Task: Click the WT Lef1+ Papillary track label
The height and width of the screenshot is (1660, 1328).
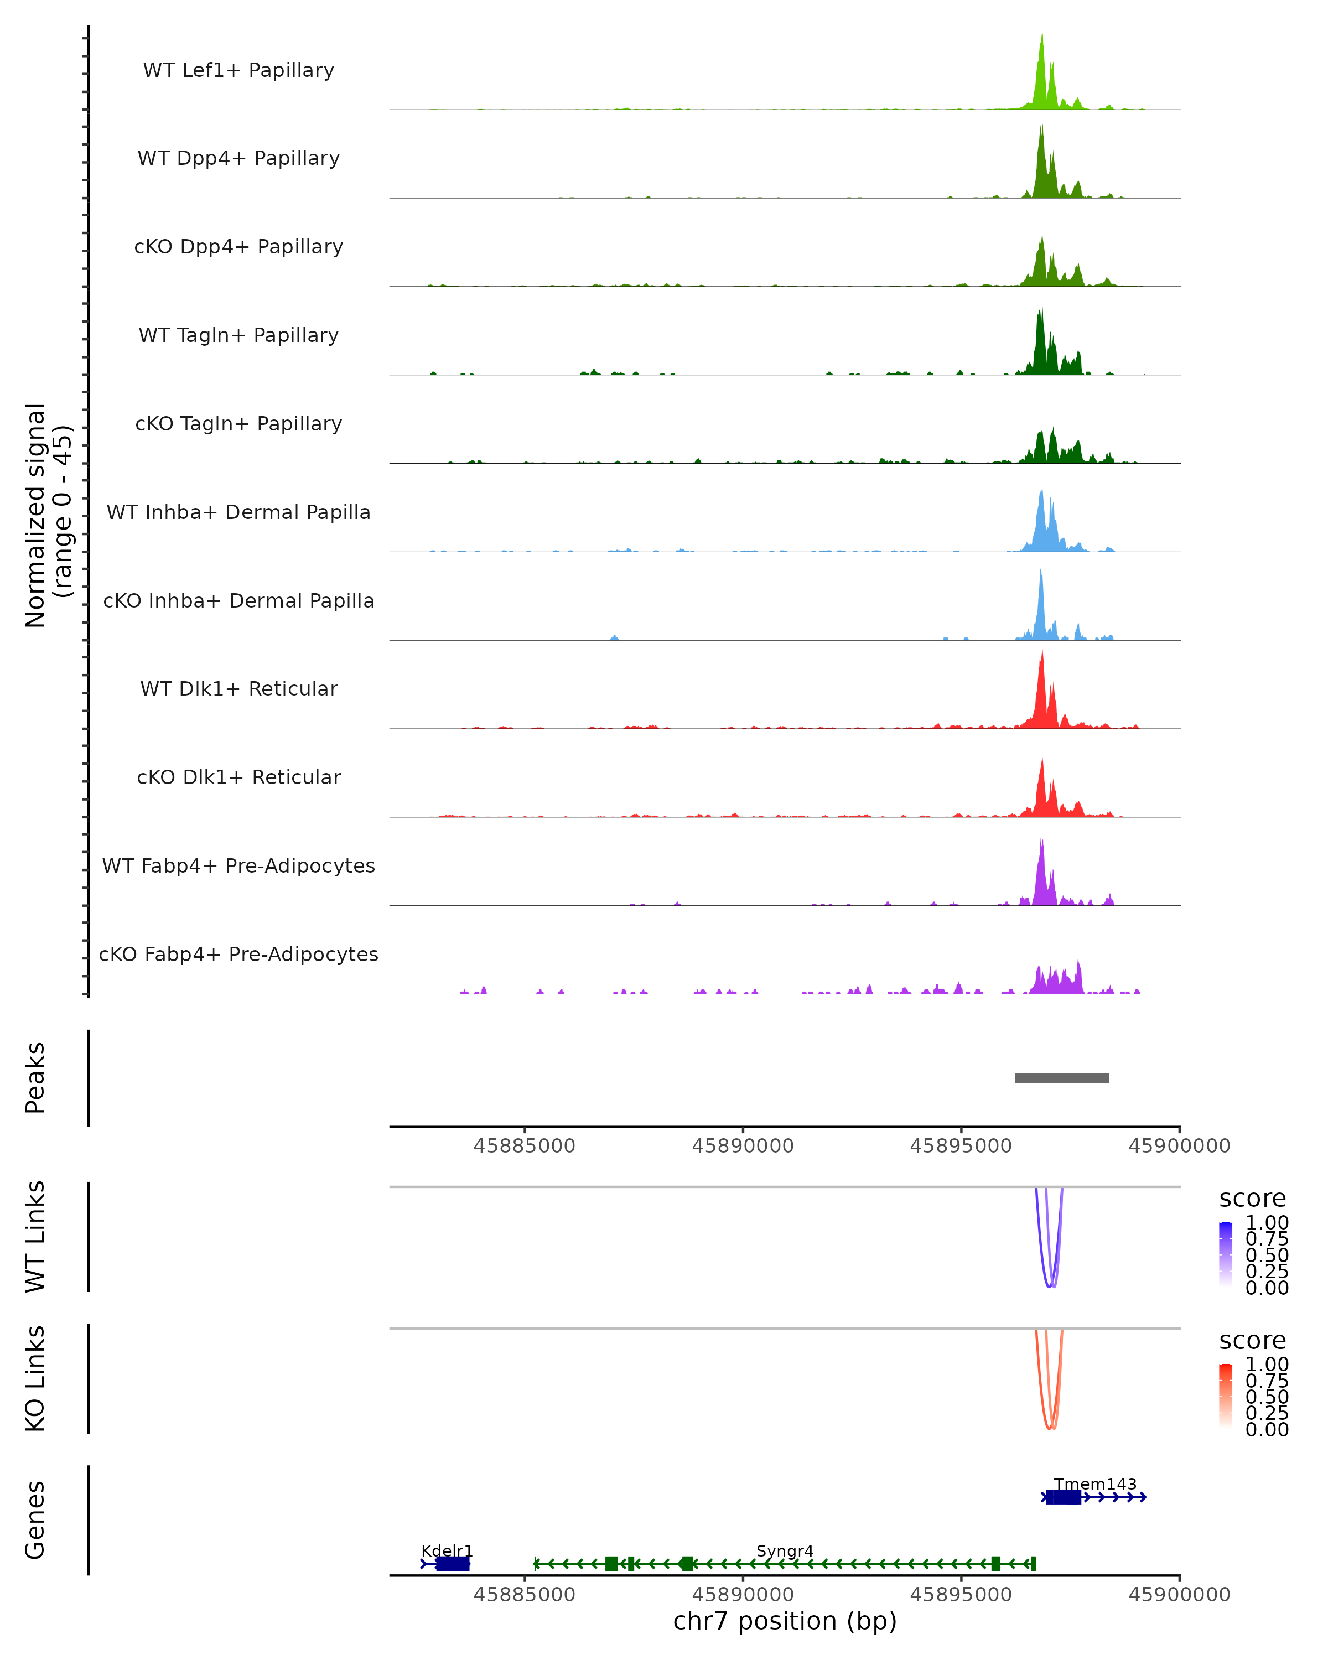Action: click(238, 70)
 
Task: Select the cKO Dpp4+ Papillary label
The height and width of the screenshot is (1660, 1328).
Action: click(238, 247)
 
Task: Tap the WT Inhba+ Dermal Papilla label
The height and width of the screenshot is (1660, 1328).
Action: click(238, 513)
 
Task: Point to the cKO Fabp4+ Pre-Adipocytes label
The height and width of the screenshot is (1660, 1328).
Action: click(238, 954)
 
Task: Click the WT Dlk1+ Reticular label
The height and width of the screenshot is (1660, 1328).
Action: click(238, 689)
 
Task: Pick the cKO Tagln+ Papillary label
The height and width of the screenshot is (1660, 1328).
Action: click(238, 424)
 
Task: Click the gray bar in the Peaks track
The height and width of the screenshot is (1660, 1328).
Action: click(1062, 1078)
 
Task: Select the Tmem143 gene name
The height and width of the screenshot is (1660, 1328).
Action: click(1094, 1485)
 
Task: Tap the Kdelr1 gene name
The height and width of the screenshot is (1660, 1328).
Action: click(447, 1552)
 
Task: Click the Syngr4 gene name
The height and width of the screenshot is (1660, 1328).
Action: click(785, 1552)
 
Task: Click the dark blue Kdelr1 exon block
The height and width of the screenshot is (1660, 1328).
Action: click(453, 1564)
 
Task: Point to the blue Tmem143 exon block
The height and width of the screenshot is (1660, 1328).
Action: click(1063, 1497)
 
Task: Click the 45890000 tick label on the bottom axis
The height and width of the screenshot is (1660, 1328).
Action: click(743, 1595)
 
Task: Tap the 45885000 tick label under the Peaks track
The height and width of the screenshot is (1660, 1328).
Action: click(524, 1147)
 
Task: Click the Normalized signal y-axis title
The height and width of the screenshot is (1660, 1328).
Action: click(48, 516)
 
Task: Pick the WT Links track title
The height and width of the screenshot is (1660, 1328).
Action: click(35, 1237)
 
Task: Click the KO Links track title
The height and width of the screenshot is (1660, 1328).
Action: click(35, 1379)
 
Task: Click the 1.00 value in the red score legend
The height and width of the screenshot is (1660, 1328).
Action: click(1267, 1365)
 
